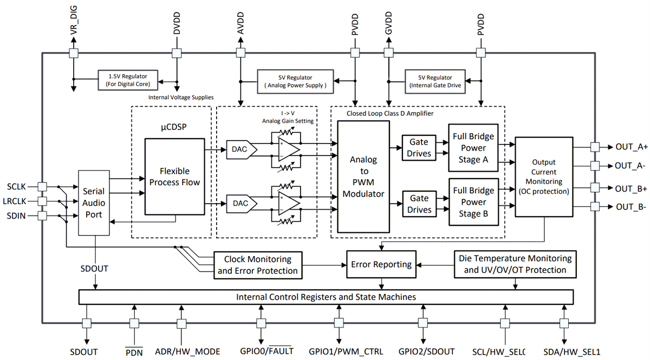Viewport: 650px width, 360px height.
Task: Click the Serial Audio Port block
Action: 95,202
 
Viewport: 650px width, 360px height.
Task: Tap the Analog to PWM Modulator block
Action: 363,176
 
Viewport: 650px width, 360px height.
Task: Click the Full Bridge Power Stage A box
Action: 473,147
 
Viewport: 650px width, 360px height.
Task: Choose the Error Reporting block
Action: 381,264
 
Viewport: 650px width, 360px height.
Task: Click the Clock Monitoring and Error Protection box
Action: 258,265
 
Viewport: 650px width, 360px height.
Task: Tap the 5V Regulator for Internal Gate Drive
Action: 436,81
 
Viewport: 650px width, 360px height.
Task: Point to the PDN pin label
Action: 134,352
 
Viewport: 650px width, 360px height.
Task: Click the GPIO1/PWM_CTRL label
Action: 339,351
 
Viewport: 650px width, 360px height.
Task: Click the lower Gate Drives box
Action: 420,204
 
